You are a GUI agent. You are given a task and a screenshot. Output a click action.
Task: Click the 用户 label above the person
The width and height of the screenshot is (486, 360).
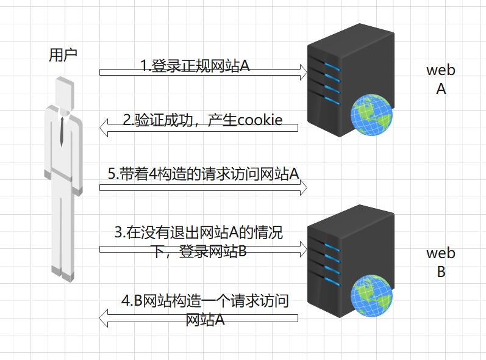(x=63, y=55)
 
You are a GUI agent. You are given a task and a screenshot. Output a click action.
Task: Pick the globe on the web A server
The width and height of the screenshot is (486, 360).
(x=371, y=115)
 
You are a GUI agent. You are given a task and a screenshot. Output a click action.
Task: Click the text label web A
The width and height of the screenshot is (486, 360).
(x=440, y=79)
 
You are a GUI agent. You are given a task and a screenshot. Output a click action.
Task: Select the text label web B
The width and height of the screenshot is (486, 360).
(x=440, y=262)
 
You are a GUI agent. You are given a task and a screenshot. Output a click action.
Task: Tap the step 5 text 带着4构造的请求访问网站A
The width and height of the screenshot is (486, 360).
(x=203, y=174)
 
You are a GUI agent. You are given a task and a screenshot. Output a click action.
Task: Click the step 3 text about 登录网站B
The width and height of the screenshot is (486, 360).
(x=199, y=242)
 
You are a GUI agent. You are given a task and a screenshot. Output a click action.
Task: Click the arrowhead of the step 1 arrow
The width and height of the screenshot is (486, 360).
(x=302, y=73)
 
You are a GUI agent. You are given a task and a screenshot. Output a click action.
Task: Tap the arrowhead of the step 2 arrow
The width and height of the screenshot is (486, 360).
(x=104, y=128)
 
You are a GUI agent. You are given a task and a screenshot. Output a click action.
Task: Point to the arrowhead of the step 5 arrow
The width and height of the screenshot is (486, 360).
(x=302, y=187)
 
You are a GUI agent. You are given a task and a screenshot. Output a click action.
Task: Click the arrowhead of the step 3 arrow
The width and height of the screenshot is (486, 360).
(x=302, y=248)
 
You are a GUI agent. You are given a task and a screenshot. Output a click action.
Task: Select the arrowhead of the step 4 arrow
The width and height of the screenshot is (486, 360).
(x=104, y=317)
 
